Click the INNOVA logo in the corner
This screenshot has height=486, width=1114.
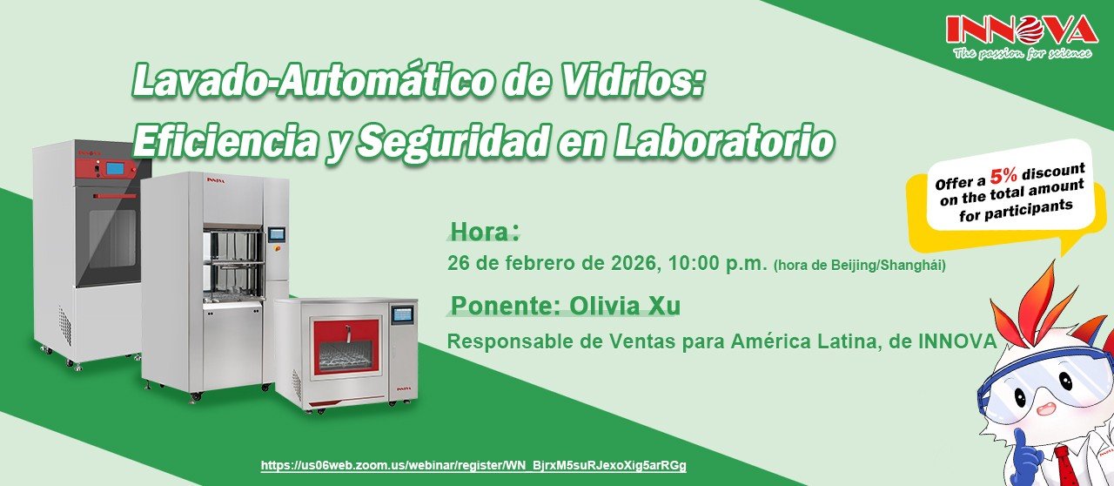tap(1022, 30)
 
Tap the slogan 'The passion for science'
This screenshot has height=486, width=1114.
tap(1023, 53)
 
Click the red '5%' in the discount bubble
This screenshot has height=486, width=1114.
tap(1003, 175)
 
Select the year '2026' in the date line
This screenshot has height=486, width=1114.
tap(635, 263)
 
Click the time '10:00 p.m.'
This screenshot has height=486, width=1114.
tap(718, 263)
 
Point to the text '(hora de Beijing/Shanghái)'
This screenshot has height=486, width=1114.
tap(859, 265)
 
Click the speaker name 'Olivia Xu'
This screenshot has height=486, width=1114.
tap(625, 306)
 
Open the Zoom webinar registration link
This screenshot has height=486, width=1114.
tap(473, 466)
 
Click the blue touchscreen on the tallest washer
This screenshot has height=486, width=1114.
tap(115, 168)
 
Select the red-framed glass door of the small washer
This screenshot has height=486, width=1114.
tap(346, 349)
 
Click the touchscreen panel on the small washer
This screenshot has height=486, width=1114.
tap(402, 314)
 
